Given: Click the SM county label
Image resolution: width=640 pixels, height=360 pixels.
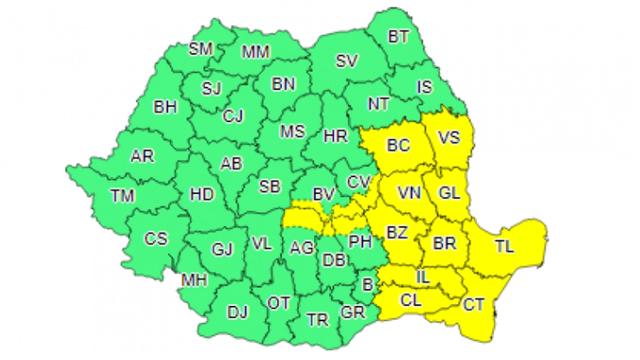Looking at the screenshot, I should pos(200,49).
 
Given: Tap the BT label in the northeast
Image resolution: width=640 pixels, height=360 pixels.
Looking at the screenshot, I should pos(398,37).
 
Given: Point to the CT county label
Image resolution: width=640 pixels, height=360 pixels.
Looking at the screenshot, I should pos(474,304).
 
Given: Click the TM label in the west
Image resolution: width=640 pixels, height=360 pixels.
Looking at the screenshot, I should pos(122,196).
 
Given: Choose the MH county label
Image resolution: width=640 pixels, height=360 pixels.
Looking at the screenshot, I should pos(194,280).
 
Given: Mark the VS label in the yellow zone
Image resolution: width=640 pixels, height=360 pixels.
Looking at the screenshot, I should pos(449,137).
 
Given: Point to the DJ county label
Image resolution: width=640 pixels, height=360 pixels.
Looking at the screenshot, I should pos(238,312).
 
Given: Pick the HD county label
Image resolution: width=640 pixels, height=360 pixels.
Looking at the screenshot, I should pos(201,194).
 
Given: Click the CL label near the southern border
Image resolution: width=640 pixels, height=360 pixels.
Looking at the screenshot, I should pos(411,300).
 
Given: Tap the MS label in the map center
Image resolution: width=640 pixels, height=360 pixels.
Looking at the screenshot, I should pos(292,131).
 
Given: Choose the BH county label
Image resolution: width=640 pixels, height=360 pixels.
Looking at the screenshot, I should pos(165,107).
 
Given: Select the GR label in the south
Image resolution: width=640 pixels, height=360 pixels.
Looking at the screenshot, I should pos(353,313).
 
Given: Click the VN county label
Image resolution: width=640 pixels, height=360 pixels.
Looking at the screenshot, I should pos(410,193).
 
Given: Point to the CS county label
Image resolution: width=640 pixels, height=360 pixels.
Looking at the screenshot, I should pos(156,239).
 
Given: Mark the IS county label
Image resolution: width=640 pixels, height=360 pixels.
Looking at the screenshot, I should pos(424,87).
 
